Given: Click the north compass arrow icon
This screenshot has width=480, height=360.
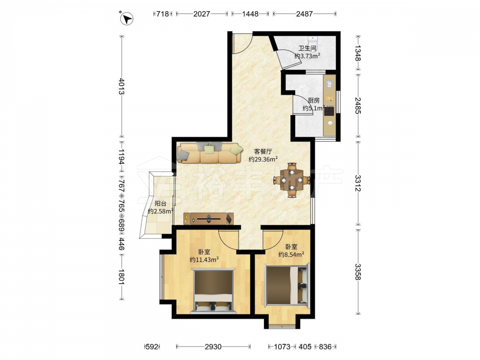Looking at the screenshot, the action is click(126, 18).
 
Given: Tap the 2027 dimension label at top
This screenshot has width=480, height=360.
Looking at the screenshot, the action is click(202, 14).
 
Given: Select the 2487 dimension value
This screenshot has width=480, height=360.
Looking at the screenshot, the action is click(304, 14).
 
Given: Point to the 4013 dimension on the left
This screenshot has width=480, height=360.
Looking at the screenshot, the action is click(121, 86).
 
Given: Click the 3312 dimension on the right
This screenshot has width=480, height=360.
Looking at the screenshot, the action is click(358, 183).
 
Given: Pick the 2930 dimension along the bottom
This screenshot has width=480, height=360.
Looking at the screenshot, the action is click(213, 347).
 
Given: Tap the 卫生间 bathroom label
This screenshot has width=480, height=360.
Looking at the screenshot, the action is click(307, 48).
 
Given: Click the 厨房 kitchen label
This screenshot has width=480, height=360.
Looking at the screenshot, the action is click(313, 100).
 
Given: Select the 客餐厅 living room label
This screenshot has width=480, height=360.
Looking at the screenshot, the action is click(263, 151).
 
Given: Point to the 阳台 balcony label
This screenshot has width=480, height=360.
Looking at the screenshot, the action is click(160, 203).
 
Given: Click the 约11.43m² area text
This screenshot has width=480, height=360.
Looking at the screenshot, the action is click(204, 260).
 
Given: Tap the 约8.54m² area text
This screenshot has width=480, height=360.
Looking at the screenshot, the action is click(291, 254).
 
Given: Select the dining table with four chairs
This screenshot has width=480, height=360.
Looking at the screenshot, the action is click(292, 180).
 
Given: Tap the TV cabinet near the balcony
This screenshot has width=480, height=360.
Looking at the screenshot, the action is click(208, 218).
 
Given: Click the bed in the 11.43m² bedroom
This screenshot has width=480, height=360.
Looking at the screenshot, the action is click(214, 291).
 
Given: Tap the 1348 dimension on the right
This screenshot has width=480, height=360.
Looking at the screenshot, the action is click(358, 53).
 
